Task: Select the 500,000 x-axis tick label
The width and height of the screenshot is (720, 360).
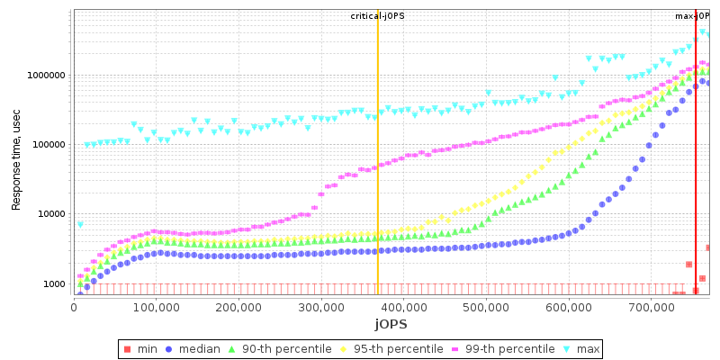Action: pyautogui.click(x=486, y=306)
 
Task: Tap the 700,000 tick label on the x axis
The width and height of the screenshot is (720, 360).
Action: pyautogui.click(x=651, y=306)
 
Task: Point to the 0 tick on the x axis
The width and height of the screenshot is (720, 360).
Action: pyautogui.click(x=74, y=306)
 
